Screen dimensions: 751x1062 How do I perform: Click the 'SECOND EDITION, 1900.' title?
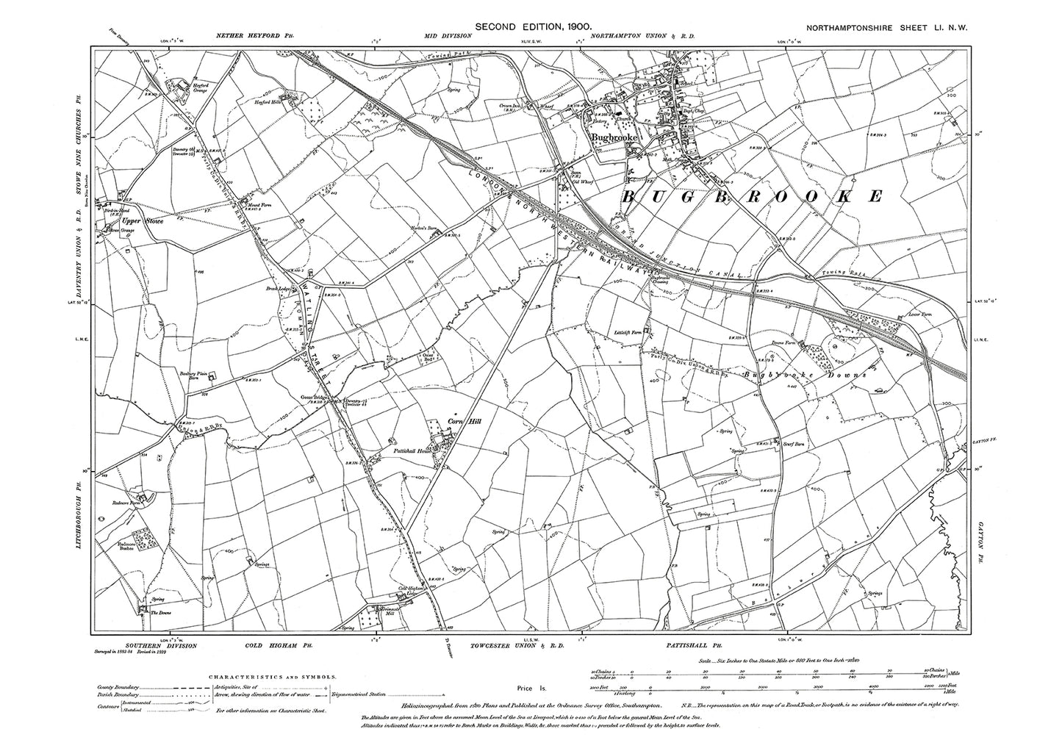[x=533, y=26]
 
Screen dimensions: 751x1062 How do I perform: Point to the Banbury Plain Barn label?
[x=190, y=375]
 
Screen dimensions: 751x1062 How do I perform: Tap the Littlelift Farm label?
[x=630, y=332]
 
